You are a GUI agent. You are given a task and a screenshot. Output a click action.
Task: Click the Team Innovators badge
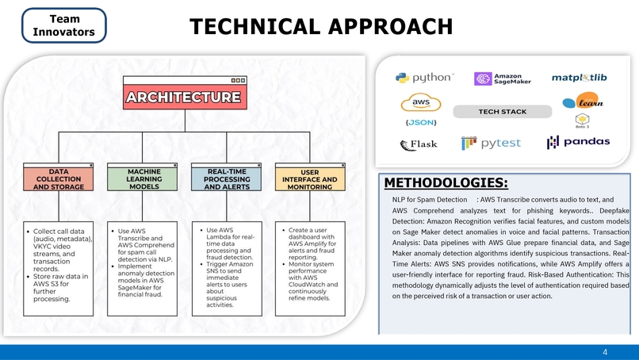64,25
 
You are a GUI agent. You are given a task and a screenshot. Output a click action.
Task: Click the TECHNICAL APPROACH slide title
321,26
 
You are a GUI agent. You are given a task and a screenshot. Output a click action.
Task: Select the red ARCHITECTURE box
185,97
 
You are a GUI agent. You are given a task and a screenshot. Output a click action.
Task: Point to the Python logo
425,78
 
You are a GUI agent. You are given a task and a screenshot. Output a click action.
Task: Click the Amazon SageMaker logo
503,79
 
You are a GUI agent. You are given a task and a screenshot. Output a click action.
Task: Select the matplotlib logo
579,78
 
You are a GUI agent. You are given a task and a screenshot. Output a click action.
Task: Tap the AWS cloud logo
421,102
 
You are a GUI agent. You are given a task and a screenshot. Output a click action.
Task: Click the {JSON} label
421,122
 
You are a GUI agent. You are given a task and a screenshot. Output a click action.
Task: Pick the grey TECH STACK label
503,111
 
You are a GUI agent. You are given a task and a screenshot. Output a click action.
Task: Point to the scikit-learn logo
584,100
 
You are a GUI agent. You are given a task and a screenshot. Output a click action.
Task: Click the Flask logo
419,144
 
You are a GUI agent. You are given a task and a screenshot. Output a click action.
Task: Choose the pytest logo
491,143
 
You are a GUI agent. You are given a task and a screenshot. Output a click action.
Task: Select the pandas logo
578,142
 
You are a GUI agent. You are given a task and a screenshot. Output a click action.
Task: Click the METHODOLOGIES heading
446,182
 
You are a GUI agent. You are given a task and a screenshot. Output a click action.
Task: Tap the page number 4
605,352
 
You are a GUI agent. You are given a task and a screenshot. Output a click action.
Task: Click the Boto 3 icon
583,121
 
